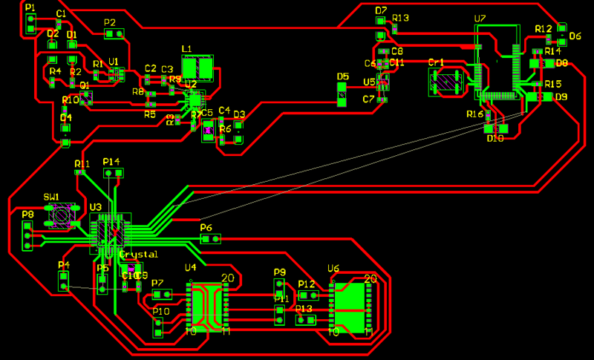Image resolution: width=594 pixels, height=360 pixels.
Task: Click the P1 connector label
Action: pos(30,7)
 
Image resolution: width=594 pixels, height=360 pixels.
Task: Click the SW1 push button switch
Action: pos(59,215)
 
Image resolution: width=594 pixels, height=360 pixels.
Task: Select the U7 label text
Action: pos(480,19)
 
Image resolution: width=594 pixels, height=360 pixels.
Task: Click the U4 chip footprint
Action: pos(206,306)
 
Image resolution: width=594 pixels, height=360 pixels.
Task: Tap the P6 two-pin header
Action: pos(211,239)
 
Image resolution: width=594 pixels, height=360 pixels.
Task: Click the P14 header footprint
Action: pos(114,174)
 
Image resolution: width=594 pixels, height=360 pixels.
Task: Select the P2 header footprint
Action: pos(114,33)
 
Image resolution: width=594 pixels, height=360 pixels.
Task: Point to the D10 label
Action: pos(495,139)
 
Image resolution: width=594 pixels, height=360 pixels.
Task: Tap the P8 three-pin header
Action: pos(27,235)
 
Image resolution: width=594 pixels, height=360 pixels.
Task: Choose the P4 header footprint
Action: pos(64,280)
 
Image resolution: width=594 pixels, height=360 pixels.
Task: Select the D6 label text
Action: pos(575,36)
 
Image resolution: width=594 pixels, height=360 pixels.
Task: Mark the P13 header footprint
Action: pos(304,320)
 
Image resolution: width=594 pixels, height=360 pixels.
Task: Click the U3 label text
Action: pos(96,207)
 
